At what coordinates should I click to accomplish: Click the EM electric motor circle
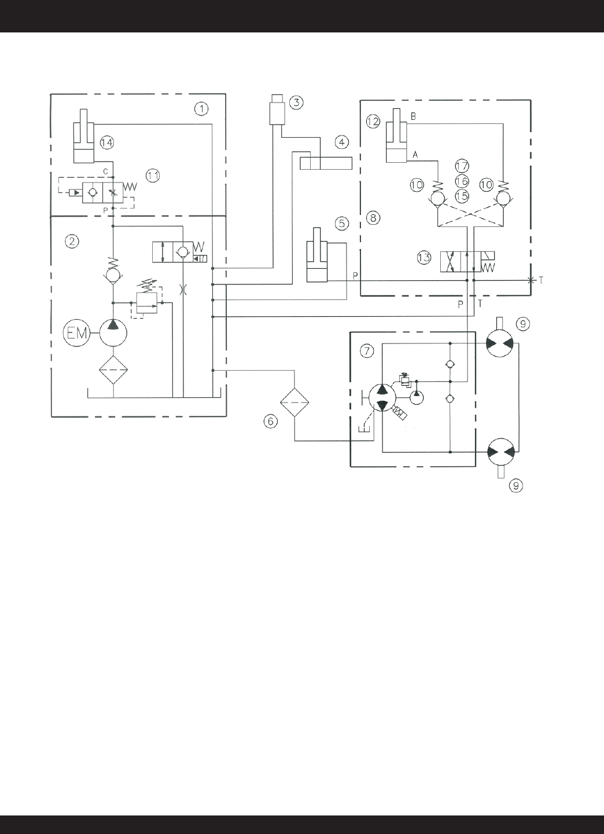point(76,332)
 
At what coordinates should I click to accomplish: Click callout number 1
point(201,109)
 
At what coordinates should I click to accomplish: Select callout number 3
point(296,102)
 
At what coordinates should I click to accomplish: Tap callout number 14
point(106,142)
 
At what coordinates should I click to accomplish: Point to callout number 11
point(153,175)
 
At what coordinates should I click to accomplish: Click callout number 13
point(424,258)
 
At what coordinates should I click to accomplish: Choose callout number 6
point(270,422)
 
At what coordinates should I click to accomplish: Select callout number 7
point(367,351)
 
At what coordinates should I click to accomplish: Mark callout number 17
point(462,166)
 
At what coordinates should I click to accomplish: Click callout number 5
point(342,224)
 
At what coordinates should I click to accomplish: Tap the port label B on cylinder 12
point(413,116)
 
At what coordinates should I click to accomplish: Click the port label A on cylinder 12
point(415,155)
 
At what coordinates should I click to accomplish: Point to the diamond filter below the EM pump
point(113,370)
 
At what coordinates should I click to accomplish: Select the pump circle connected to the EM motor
point(113,332)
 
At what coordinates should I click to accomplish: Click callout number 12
point(373,122)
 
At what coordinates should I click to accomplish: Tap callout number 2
point(72,242)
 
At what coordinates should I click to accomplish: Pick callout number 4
point(341,142)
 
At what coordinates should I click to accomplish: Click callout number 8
point(373,218)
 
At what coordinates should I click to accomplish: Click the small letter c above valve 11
point(106,171)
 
